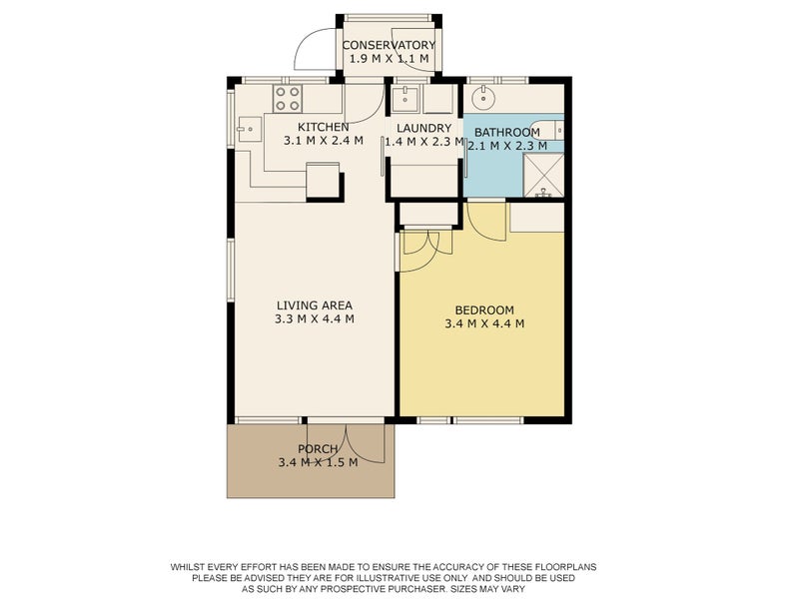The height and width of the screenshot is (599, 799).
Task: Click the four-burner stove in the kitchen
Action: coord(289,98)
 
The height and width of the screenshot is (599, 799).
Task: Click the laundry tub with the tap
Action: coord(403,99)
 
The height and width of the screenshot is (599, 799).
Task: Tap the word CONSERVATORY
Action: coord(389,46)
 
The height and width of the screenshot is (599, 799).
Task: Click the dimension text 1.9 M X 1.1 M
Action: coord(389,60)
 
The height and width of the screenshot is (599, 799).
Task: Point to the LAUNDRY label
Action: coord(424,128)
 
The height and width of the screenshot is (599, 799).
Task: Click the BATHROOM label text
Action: coord(507,132)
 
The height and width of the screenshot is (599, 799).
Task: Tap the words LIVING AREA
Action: coord(315,305)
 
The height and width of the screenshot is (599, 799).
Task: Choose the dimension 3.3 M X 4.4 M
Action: coord(315,319)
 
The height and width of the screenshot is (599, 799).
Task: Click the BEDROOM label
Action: coord(484,309)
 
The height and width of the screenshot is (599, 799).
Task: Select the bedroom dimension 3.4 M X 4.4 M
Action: coord(484,323)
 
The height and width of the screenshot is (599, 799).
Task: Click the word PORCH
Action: coord(318,449)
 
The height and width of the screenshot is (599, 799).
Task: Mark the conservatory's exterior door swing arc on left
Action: coord(312,45)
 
